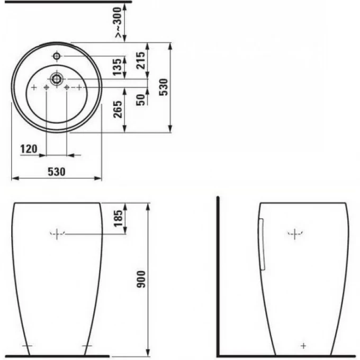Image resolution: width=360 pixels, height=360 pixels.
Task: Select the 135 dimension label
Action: pyautogui.click(x=119, y=67)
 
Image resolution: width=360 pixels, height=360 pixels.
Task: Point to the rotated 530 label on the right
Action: pyautogui.click(x=164, y=87)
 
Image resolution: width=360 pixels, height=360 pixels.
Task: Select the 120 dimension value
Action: pyautogui.click(x=29, y=149)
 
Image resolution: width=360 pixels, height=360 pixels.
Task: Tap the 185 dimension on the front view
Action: pyautogui.click(x=119, y=218)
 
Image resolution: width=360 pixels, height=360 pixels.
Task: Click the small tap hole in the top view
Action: pyautogui.click(x=56, y=56)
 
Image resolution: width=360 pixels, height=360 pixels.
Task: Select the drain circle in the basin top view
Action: pyautogui.click(x=56, y=79)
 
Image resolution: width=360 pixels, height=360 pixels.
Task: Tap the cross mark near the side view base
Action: pyautogui.click(x=303, y=346)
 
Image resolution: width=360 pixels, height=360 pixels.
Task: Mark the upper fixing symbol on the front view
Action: pyautogui.click(x=57, y=233)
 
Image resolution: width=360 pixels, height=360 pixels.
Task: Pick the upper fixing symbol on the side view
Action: pyautogui.click(x=295, y=233)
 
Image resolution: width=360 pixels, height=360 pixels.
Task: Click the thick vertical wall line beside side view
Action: pyautogui.click(x=219, y=275)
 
